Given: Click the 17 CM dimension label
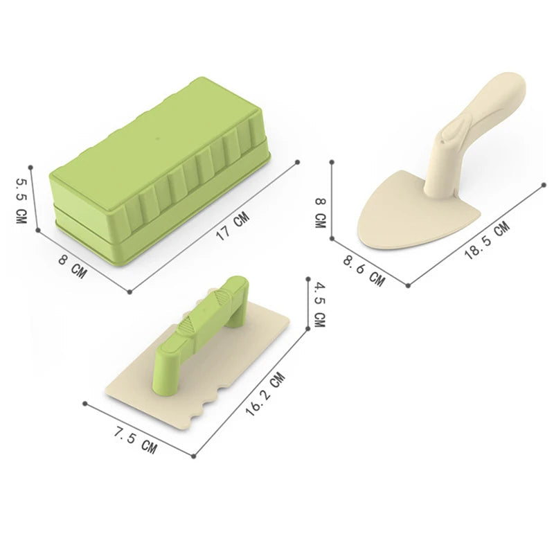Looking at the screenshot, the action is [233, 226].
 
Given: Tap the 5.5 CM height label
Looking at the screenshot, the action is [21, 200].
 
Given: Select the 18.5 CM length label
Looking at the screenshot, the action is [487, 240].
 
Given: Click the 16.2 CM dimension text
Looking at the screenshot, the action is [265, 394].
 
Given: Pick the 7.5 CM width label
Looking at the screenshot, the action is [135, 440].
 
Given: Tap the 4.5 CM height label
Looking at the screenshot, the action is [319, 305].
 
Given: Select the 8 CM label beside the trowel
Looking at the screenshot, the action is [320, 213].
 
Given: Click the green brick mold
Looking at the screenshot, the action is [160, 171].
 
